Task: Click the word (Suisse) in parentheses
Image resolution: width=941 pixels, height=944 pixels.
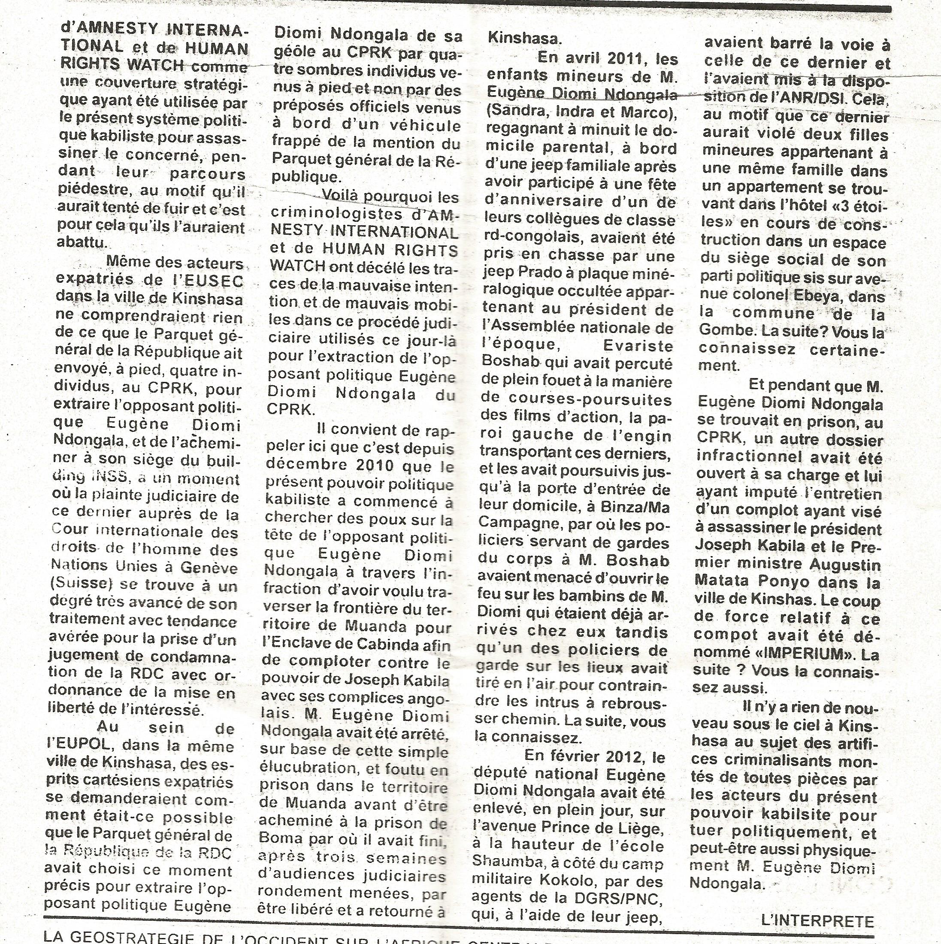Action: click(78, 585)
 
